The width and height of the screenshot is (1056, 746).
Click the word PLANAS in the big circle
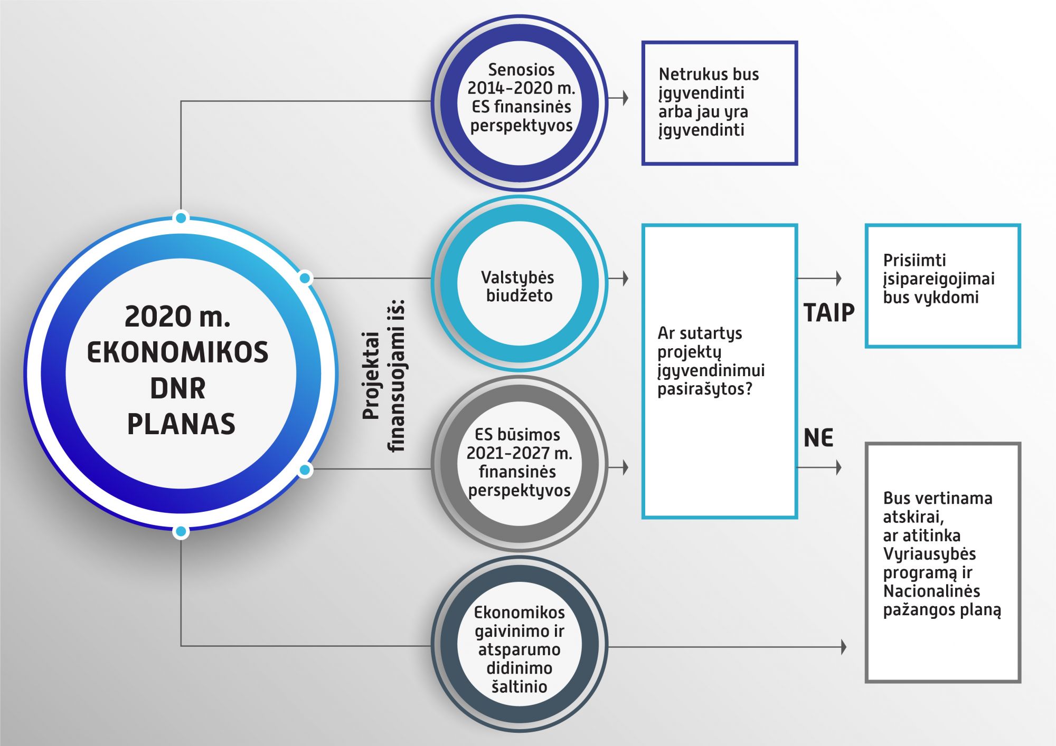click(181, 424)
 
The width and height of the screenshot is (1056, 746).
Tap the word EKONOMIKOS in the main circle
click(177, 352)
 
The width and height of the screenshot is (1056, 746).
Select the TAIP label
click(829, 313)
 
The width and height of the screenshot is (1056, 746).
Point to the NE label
click(818, 438)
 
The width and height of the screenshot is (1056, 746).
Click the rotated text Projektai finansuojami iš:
click(384, 375)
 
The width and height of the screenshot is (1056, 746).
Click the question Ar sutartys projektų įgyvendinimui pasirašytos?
click(711, 361)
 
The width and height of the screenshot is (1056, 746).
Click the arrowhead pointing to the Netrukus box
click(625, 98)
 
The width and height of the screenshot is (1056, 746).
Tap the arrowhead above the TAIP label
click(838, 278)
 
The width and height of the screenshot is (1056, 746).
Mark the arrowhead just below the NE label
click(838, 467)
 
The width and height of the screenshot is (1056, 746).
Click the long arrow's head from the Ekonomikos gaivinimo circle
click(843, 647)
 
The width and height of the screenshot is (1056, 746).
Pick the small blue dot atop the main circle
click(181, 217)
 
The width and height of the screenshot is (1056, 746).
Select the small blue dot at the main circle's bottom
click(181, 532)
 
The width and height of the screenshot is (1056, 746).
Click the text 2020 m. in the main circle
click(177, 316)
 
